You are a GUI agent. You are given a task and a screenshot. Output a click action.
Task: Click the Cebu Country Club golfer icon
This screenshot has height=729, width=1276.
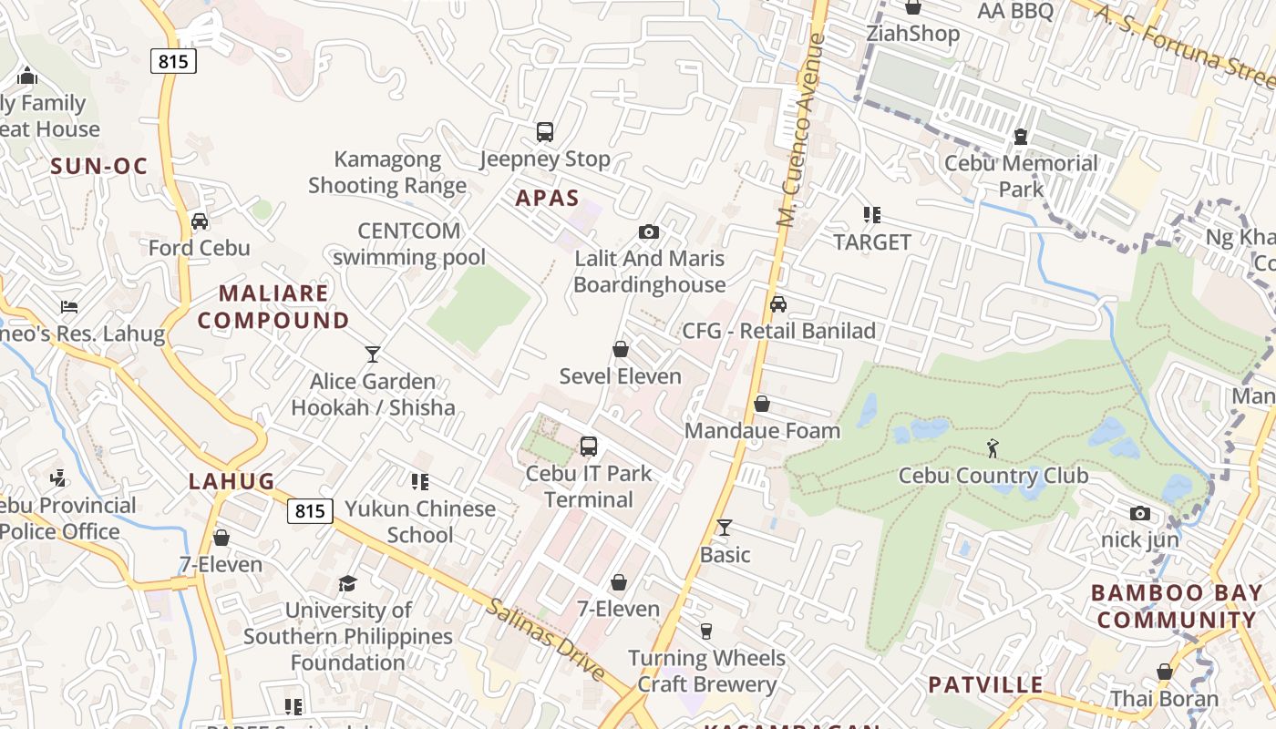[993, 448]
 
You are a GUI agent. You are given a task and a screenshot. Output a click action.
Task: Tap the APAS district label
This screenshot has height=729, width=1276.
[547, 198]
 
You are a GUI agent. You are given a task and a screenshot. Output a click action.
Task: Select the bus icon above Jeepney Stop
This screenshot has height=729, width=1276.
[545, 132]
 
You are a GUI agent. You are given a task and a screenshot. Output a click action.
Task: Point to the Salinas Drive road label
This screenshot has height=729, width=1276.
[545, 640]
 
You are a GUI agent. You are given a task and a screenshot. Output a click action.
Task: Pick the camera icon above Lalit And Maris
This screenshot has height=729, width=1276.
[649, 232]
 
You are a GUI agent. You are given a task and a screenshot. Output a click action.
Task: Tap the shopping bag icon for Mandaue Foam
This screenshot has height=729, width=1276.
[762, 404]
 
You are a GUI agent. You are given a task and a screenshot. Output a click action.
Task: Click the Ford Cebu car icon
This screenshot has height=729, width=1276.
[200, 221]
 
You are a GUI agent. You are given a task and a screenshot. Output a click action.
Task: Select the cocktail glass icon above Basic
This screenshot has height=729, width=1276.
[725, 527]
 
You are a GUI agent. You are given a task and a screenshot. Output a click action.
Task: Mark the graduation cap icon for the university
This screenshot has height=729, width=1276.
[347, 583]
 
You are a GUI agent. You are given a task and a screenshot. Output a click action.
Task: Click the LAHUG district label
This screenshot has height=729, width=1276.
[232, 481]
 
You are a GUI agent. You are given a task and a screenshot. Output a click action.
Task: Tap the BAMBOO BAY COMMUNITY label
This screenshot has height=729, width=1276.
[1174, 606]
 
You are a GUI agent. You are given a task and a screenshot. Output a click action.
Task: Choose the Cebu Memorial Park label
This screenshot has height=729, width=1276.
[1021, 176]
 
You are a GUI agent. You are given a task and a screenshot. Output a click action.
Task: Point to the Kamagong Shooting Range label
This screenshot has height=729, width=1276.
[387, 172]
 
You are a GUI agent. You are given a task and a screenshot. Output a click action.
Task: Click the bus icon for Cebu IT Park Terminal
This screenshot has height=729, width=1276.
[589, 447]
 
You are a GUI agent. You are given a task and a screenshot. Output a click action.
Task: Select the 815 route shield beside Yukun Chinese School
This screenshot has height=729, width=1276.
[310, 511]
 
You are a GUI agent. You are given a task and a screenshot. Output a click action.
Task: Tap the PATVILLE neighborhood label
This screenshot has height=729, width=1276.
[985, 684]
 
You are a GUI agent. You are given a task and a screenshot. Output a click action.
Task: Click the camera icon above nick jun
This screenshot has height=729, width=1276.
[1139, 514]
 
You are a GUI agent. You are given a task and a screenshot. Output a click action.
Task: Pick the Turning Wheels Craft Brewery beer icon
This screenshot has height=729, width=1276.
[705, 631]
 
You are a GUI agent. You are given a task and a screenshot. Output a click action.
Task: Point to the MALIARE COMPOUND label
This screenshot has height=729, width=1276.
[273, 307]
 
